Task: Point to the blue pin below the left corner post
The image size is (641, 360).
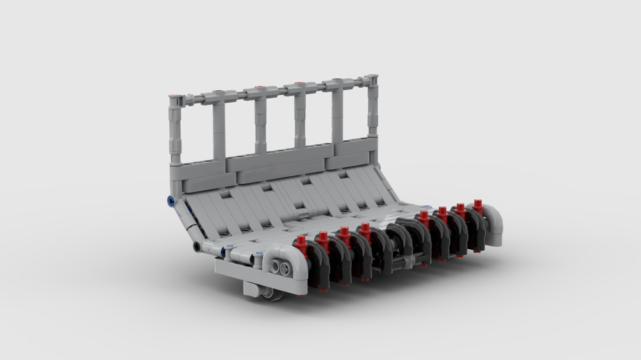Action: coord(171,201)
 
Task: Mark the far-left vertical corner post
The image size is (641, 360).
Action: coord(174,131)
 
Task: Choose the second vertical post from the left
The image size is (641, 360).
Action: coord(219,128)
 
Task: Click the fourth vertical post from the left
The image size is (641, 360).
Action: coord(300,119)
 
